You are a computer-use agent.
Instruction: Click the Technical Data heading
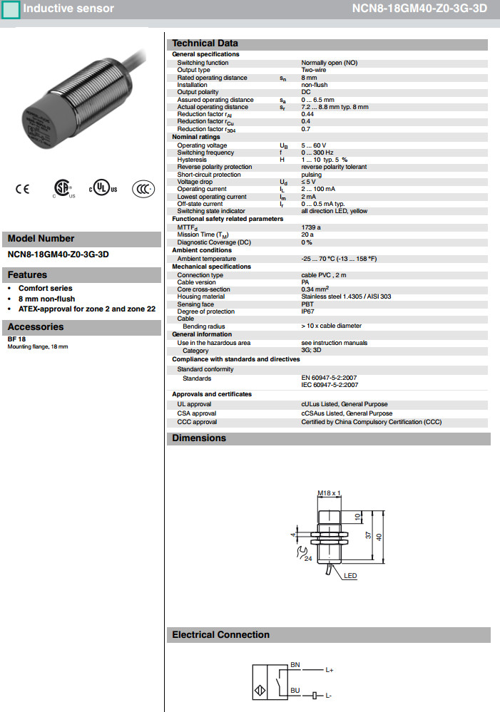pos(205,43)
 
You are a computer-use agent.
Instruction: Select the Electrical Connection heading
pos(221,635)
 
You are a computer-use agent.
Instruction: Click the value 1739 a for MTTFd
pos(311,227)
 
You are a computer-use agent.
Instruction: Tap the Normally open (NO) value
pos(330,63)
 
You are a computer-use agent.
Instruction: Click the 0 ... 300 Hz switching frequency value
pos(317,153)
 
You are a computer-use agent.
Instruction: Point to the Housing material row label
pos(201,296)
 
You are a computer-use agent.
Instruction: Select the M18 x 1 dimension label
pos(330,492)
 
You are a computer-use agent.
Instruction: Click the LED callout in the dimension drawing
pos(350,575)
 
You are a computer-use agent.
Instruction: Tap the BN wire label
pos(295,665)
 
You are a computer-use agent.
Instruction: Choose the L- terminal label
pos(330,695)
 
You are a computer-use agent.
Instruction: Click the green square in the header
pos(11,9)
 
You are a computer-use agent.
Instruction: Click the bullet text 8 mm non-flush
pos(46,299)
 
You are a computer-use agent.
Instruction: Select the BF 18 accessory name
pos(17,339)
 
